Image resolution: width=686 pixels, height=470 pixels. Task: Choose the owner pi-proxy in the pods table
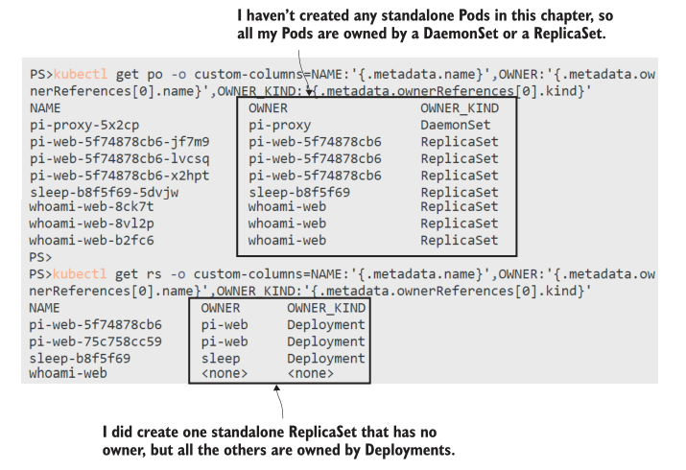coord(280,126)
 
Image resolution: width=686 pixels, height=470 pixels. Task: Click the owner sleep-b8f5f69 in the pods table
coord(298,192)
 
